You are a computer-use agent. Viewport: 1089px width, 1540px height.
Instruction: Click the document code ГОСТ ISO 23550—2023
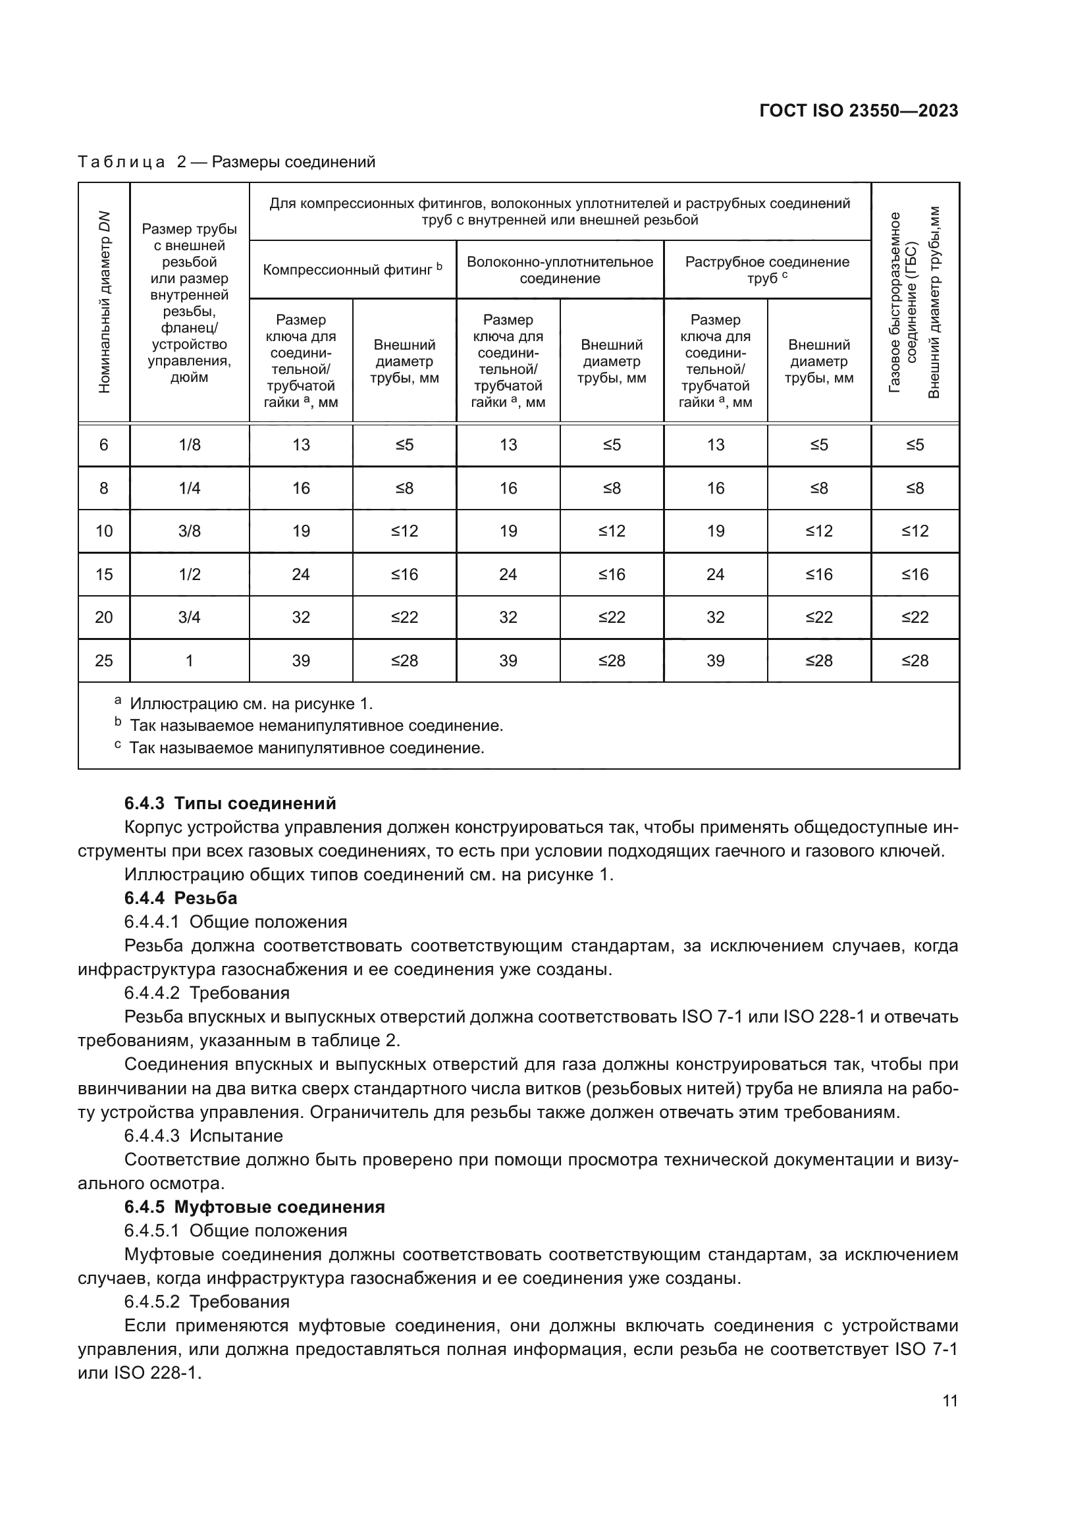(x=859, y=111)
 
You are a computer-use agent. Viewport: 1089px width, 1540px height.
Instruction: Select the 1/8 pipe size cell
(x=189, y=444)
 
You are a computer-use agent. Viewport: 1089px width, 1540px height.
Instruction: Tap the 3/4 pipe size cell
(x=189, y=617)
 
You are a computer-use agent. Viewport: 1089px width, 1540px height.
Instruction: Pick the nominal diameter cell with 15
(x=104, y=574)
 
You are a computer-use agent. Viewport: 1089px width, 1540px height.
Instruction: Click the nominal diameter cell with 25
(x=104, y=660)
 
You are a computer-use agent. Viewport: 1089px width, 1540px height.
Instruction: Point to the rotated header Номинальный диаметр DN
(x=104, y=302)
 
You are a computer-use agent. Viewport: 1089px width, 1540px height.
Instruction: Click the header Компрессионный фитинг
(x=352, y=270)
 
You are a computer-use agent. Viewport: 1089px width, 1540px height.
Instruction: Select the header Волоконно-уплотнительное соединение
(x=559, y=270)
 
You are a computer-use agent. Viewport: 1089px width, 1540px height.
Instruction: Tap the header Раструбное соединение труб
(x=766, y=270)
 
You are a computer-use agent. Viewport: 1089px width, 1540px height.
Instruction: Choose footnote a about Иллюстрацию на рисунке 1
(x=250, y=704)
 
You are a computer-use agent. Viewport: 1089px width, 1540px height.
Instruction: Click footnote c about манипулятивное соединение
(x=305, y=747)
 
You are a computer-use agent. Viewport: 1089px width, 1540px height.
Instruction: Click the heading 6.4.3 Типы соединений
(x=230, y=803)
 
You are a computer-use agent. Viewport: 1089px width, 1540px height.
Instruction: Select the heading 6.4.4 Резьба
(x=180, y=897)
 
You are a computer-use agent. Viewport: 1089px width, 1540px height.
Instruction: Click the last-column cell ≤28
(x=915, y=660)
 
